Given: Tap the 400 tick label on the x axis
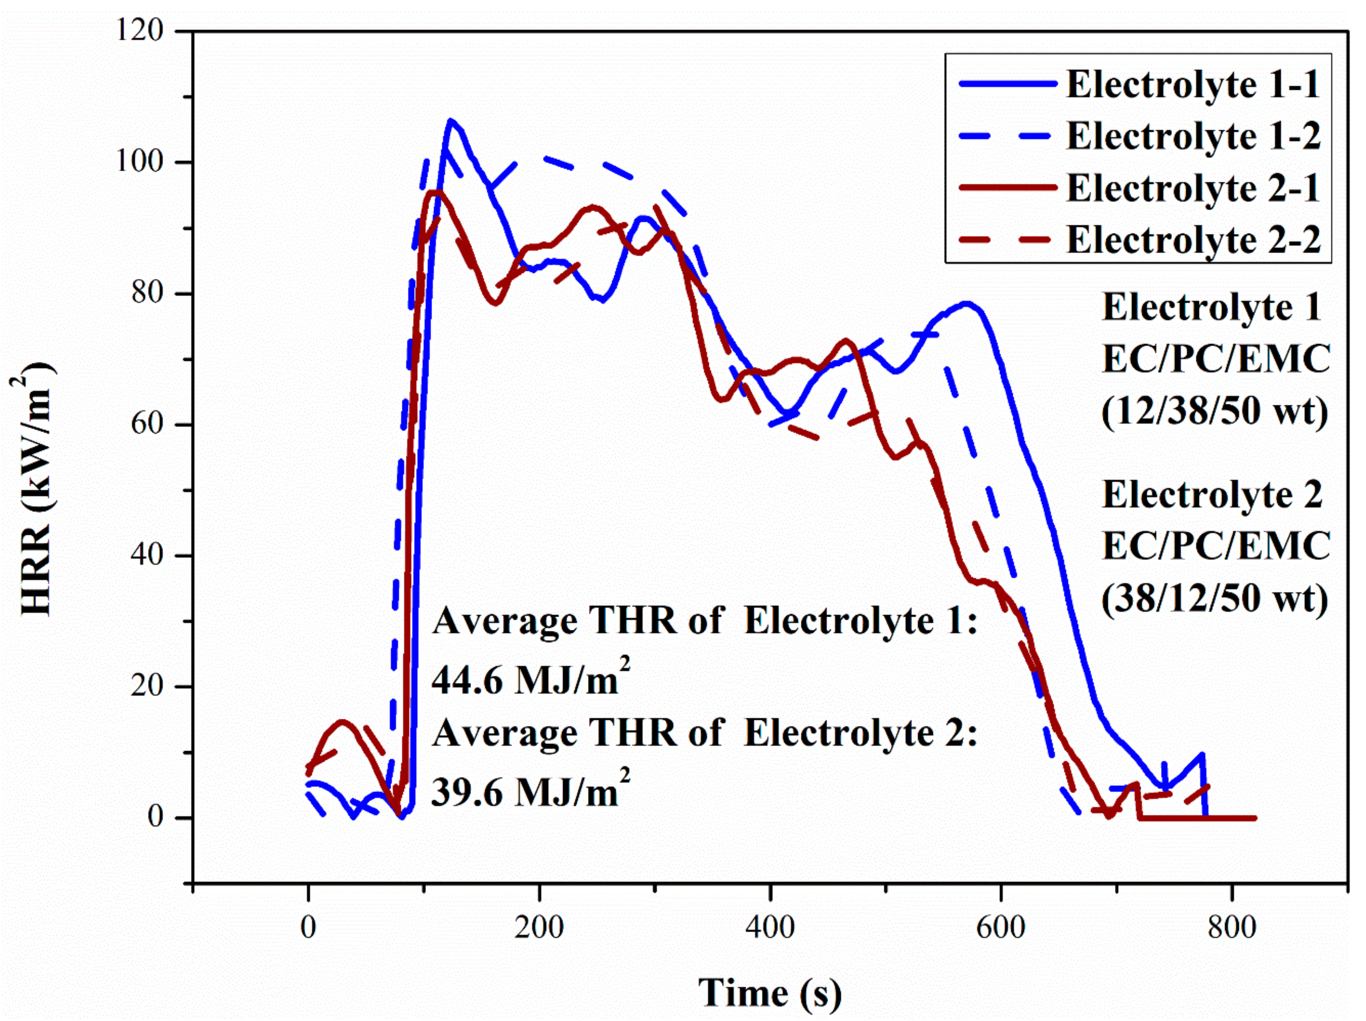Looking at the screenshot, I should [x=770, y=927].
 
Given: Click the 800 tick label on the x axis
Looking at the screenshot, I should [x=1232, y=927].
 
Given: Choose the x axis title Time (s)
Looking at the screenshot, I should [x=770, y=993].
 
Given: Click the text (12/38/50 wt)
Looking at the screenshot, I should [x=1215, y=410].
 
